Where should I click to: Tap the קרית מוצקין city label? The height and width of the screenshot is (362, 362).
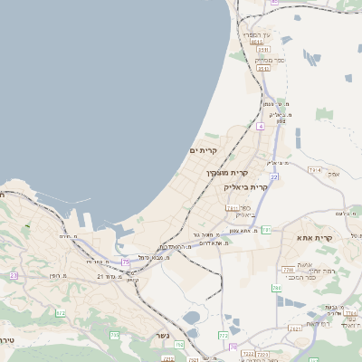225,171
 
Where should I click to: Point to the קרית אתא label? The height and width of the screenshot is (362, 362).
316,238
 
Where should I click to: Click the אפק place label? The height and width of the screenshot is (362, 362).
334,173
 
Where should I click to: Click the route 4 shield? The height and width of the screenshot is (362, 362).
260,126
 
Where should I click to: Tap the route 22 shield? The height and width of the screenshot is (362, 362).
273,176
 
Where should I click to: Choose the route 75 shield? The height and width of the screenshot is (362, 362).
126,261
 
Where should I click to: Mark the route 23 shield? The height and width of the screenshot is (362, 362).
14,275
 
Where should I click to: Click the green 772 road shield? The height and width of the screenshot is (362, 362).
224,336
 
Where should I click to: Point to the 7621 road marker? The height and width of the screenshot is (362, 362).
294,329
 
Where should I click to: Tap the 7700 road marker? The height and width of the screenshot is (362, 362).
288,270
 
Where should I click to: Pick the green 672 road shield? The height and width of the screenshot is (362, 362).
61,313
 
